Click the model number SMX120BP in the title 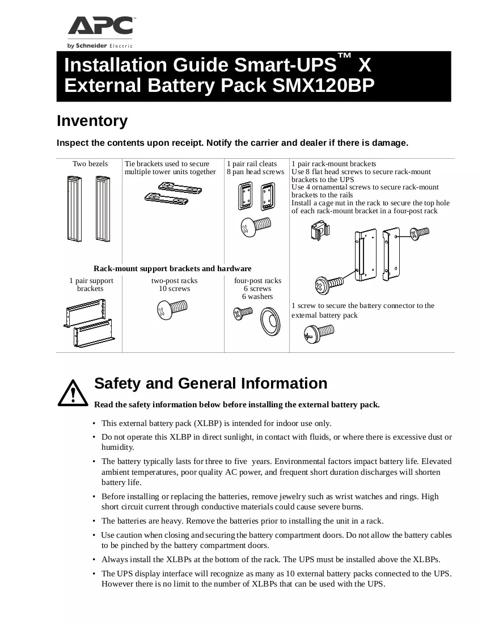pyautogui.click(x=323, y=85)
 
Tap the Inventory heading pyautogui.click(x=92, y=121)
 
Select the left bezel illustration pyautogui.click(x=74, y=209)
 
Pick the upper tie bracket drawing pyautogui.click(x=180, y=187)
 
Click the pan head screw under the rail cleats pyautogui.click(x=256, y=226)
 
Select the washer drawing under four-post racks pyautogui.click(x=270, y=321)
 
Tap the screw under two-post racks pyautogui.click(x=172, y=310)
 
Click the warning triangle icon pyautogui.click(x=73, y=393)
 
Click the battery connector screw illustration pyautogui.click(x=319, y=334)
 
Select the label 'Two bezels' pyautogui.click(x=90, y=163)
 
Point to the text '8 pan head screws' pyautogui.click(x=255, y=171)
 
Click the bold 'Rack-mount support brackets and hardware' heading pyautogui.click(x=172, y=269)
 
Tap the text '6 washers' pyautogui.click(x=257, y=297)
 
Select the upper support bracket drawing pyautogui.click(x=85, y=313)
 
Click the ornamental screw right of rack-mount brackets pyautogui.click(x=420, y=233)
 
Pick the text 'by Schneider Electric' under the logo pyautogui.click(x=100, y=46)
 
